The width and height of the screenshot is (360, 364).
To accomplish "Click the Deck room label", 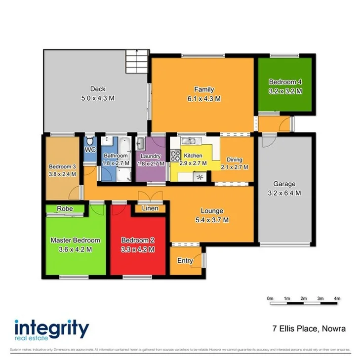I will pos(98,89).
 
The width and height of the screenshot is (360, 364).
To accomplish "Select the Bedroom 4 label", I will pos(285,82).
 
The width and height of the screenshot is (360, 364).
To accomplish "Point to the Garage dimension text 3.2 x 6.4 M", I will pos(285,193).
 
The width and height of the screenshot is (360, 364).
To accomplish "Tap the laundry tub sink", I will pos(140,144).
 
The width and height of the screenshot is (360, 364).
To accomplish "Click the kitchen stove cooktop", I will pos(175,156).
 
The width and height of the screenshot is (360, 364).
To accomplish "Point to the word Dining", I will pos(234,160).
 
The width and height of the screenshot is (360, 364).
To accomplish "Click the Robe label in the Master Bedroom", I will pos(65,209).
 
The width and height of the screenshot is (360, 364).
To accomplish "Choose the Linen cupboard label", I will pos(150,208).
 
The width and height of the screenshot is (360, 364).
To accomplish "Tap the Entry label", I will pos(185,261).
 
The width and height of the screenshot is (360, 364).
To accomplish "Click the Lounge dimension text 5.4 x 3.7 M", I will pos(211,220).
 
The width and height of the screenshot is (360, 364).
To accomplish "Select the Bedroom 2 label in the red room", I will pos(138,241).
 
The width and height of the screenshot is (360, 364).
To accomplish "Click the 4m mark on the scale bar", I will pos(337,299).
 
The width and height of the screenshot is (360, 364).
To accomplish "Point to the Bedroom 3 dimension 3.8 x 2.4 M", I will pos(62,174).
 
